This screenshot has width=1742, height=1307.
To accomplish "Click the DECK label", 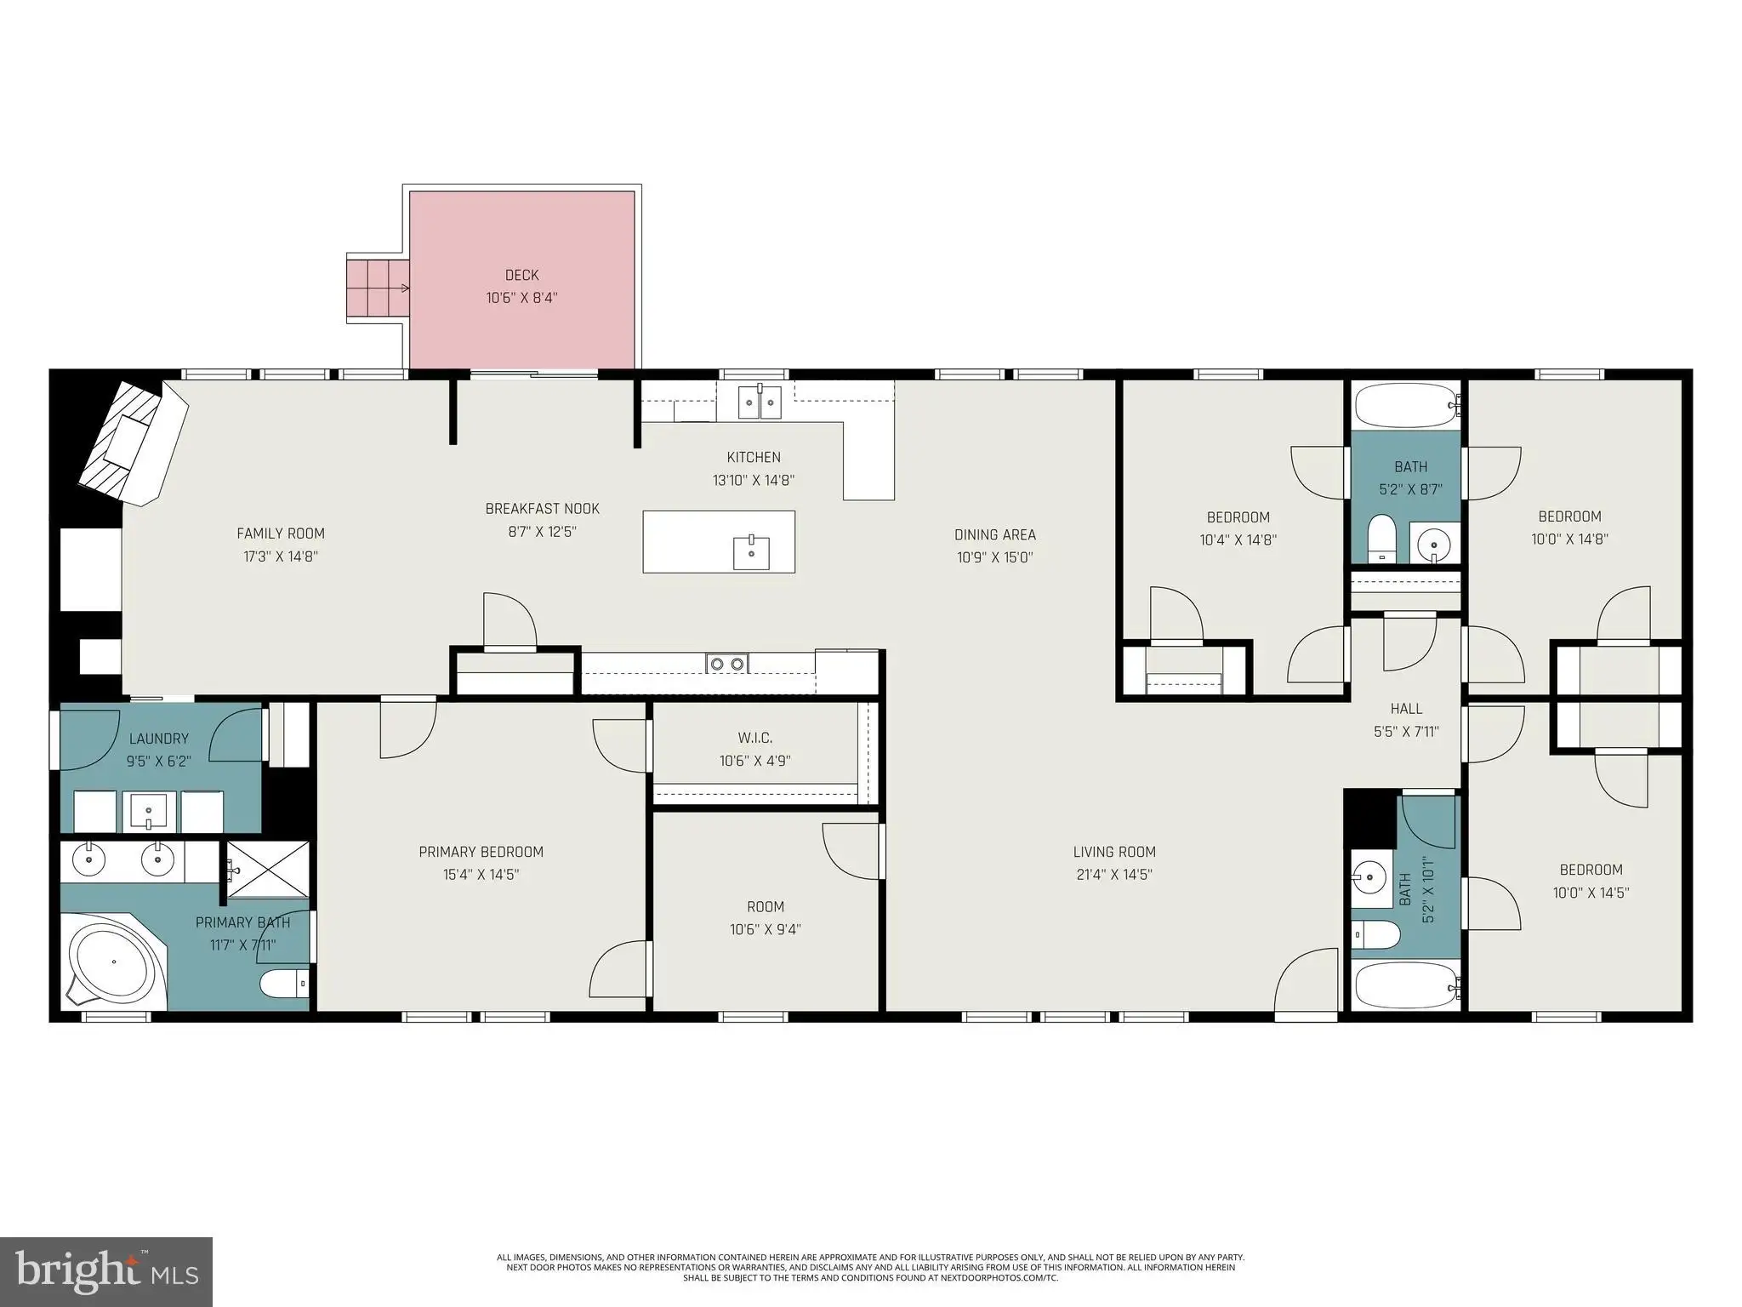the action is coord(521,275).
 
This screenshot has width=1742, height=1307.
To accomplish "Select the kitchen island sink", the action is coord(751,552).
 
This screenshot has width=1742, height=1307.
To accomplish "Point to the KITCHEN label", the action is coord(754,457).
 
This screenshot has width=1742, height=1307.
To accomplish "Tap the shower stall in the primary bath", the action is coord(266,869).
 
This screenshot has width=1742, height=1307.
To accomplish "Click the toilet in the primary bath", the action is coord(284,985).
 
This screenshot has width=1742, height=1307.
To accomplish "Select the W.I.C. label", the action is coord(755,738).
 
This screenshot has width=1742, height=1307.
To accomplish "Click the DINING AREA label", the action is coord(995,534).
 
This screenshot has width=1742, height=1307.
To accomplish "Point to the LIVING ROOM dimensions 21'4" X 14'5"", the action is coord(1113,874).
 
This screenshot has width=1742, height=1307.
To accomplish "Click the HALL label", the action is coord(1406,708).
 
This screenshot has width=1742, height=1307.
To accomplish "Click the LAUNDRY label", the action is coord(159,739).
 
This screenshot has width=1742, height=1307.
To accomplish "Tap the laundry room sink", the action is coord(150,812).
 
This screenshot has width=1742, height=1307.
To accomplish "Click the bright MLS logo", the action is coord(107,1271).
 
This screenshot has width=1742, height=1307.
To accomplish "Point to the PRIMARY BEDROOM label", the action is coord(481,852).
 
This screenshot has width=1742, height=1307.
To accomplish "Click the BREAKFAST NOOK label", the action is coord(543,509).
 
